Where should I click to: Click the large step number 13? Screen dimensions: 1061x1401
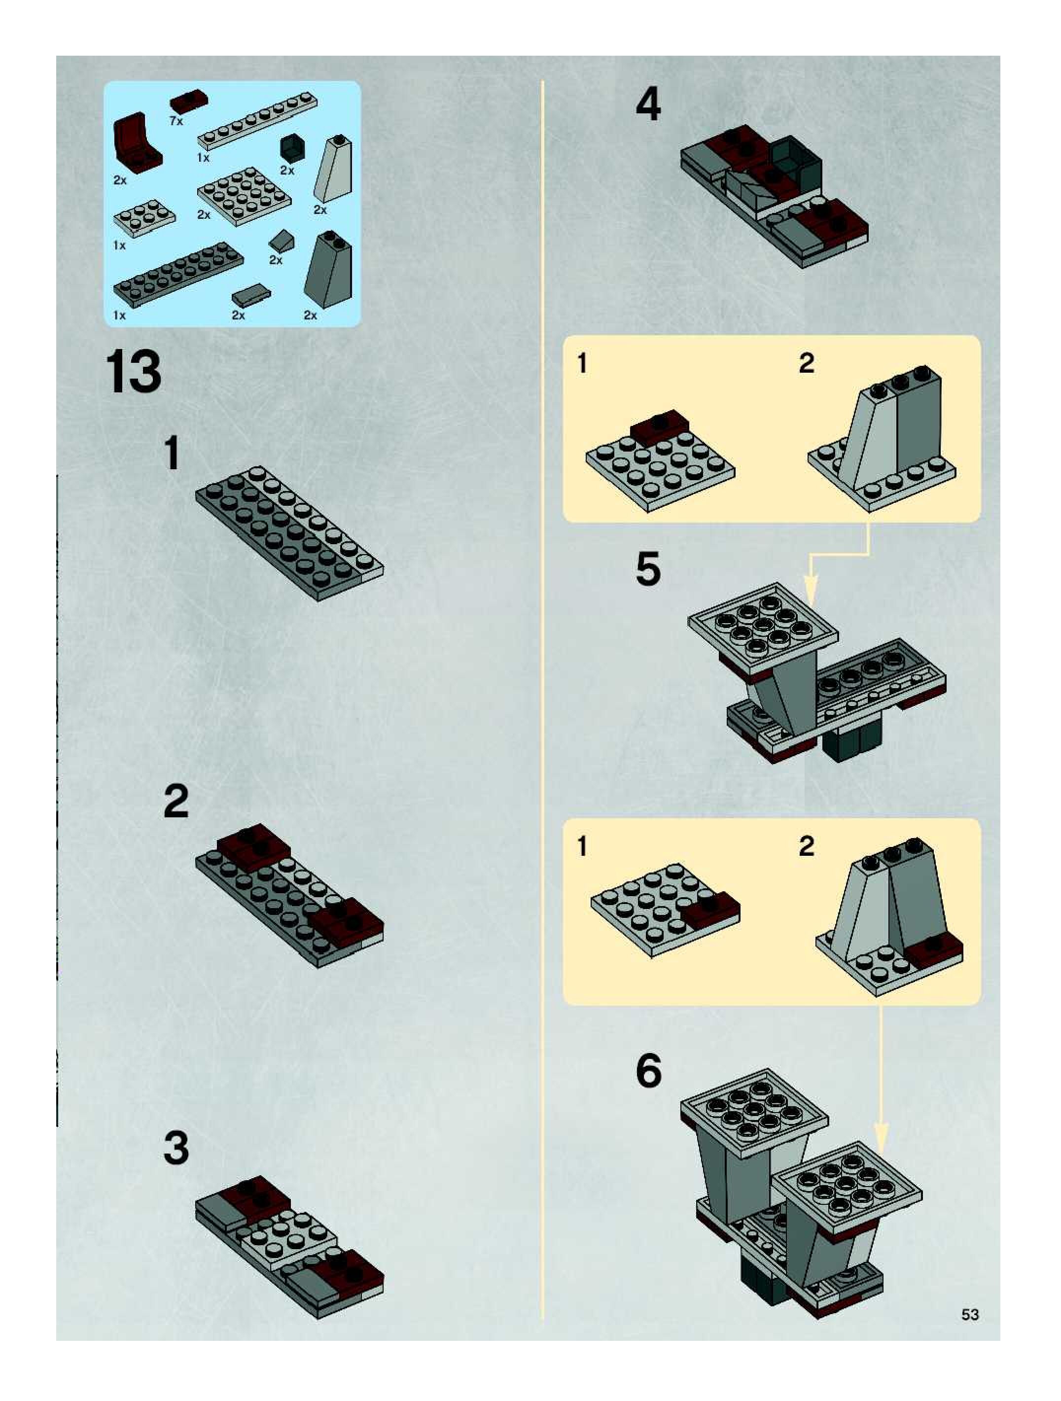(x=134, y=373)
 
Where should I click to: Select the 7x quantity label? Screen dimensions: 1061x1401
(x=176, y=120)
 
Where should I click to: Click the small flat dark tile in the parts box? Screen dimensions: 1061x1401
(x=251, y=295)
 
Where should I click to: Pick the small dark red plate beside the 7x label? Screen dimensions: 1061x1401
(x=189, y=100)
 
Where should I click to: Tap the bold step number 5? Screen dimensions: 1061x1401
(x=648, y=569)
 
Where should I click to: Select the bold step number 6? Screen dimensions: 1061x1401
(x=649, y=1071)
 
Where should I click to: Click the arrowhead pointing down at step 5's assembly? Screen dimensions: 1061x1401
(x=812, y=589)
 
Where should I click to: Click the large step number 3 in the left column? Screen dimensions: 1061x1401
(x=176, y=1150)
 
